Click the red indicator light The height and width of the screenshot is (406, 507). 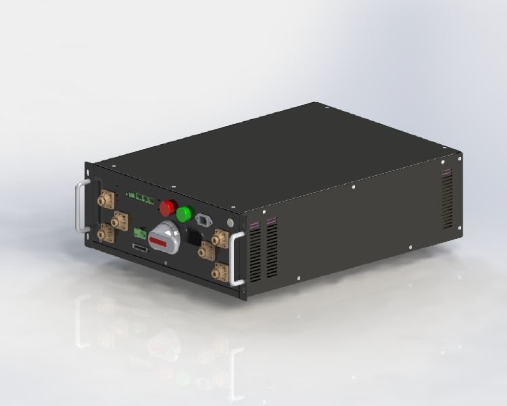pos(168,206)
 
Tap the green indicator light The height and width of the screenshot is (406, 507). pos(184,214)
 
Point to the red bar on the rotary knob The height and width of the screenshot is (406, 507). pos(160,241)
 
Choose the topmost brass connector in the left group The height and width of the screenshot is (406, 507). pos(106,200)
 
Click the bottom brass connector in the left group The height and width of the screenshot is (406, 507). pos(105,233)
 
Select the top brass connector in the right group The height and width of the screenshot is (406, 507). pos(220,238)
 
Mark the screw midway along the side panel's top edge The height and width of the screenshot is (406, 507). pos(353,185)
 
